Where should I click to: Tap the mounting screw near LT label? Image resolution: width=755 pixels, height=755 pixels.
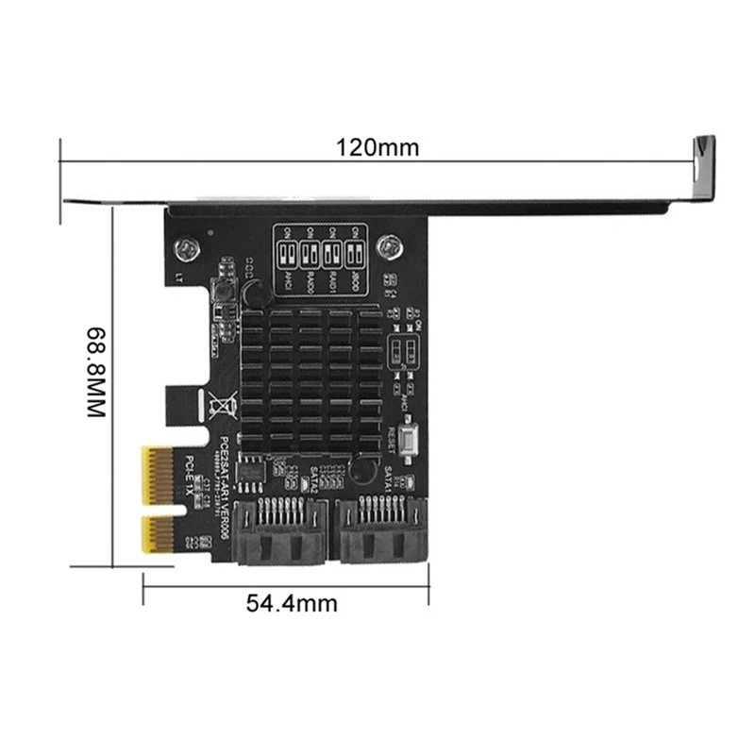189,249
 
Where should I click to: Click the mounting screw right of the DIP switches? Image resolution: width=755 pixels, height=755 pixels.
388,249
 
